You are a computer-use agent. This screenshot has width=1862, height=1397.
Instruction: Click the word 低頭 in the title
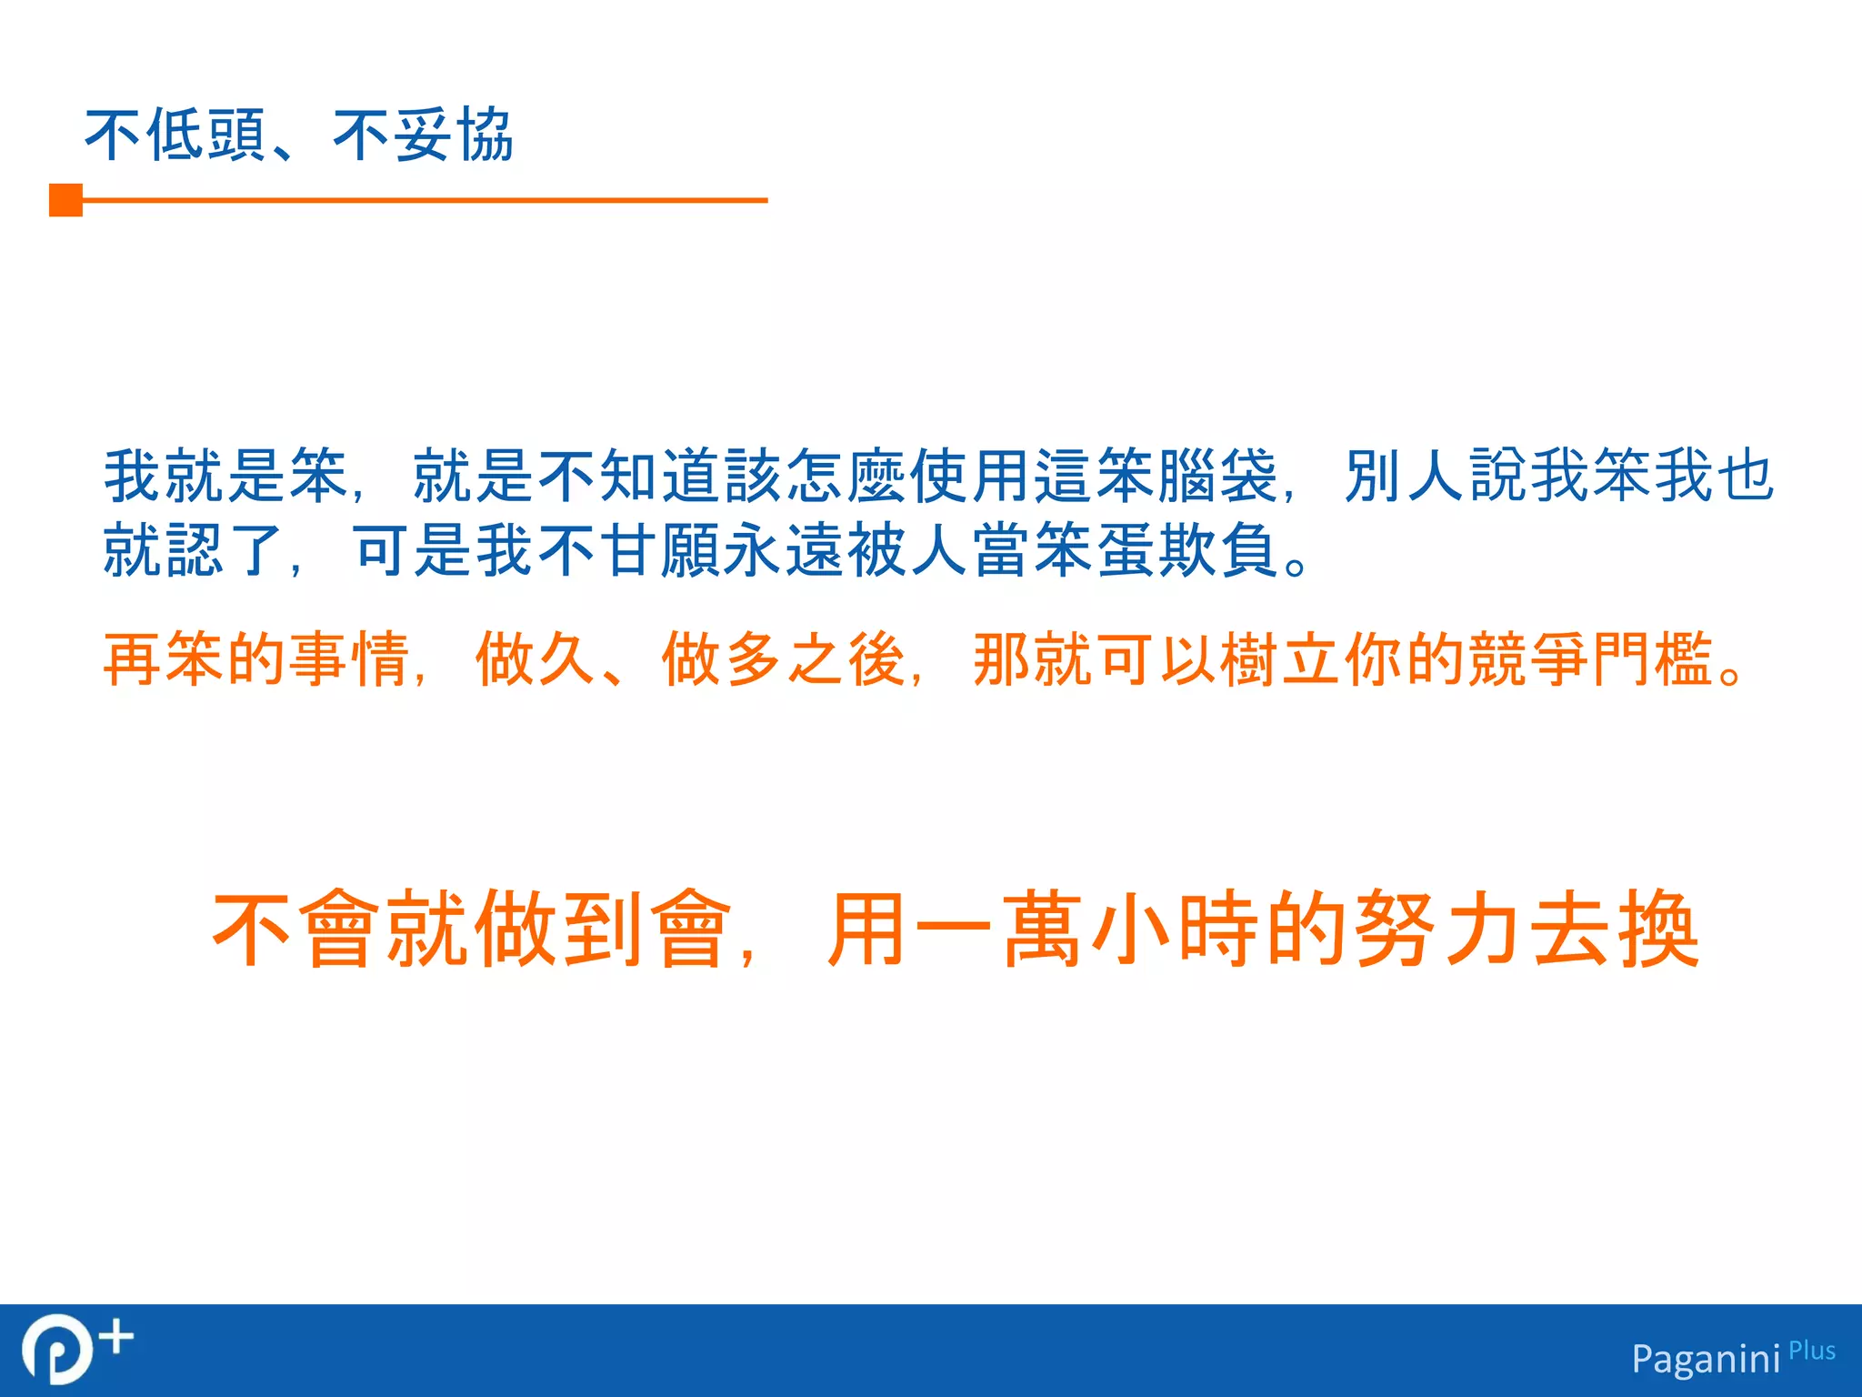coord(206,136)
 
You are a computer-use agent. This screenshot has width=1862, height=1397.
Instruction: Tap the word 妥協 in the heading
coord(455,136)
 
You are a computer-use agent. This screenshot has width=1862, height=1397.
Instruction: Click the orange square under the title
coord(65,200)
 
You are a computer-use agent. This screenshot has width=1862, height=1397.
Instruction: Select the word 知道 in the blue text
coord(660,476)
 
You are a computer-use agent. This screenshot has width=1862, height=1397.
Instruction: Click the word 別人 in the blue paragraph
coord(1405,476)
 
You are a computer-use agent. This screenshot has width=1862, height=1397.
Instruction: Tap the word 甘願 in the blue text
coord(660,550)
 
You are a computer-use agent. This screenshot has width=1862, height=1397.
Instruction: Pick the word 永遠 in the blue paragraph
coord(784,550)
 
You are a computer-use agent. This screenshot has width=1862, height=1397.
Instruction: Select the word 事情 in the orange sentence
coord(350,659)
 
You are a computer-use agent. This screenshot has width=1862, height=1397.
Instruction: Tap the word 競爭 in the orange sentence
coord(1529,659)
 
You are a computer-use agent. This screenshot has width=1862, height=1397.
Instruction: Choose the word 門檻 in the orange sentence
coord(1653,659)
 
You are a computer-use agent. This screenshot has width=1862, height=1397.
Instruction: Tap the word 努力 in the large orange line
coord(1437,929)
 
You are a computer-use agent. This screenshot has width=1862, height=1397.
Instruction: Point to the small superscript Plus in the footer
coord(1812,1351)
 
